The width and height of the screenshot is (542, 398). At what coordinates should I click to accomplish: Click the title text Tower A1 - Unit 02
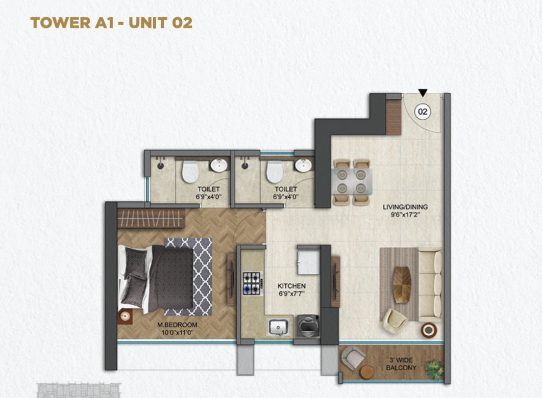[x=111, y=23]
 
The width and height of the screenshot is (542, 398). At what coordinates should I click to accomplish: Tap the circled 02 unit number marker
[x=423, y=112]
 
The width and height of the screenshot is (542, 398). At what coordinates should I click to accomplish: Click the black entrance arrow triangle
[x=423, y=93]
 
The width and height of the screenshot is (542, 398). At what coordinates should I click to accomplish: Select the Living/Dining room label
[x=405, y=207]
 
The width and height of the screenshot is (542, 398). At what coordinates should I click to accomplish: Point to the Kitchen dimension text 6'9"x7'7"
[x=292, y=294]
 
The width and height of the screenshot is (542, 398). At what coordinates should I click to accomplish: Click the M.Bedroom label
[x=177, y=325]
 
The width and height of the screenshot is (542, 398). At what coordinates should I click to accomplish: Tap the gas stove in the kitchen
[x=252, y=283]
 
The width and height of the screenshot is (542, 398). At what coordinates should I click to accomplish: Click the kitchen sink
[x=278, y=327]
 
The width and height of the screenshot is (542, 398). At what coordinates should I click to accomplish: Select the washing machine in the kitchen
[x=308, y=326]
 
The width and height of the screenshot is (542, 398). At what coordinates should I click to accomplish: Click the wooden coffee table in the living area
[x=402, y=285]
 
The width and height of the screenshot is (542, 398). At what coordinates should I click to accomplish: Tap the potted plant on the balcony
[x=433, y=369]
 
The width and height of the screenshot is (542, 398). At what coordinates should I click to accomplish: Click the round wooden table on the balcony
[x=367, y=372]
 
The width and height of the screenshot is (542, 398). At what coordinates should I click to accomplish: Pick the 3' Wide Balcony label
[x=401, y=364]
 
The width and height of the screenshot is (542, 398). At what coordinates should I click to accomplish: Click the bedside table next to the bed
[x=125, y=317]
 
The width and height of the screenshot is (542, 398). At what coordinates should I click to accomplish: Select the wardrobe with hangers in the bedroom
[x=151, y=218]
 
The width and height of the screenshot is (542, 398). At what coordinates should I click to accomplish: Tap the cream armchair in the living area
[x=395, y=321]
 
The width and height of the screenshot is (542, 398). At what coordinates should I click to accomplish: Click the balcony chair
[x=352, y=358]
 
